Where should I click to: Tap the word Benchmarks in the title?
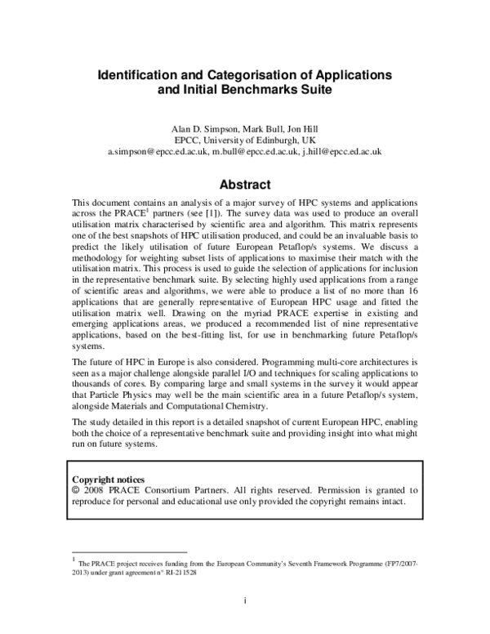pyautogui.click(x=247, y=91)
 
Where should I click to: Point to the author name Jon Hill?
pyautogui.click(x=300, y=129)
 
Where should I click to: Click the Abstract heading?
pyautogui.click(x=245, y=185)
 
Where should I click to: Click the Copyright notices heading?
pyautogui.click(x=109, y=480)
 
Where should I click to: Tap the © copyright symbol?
pyautogui.click(x=77, y=491)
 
